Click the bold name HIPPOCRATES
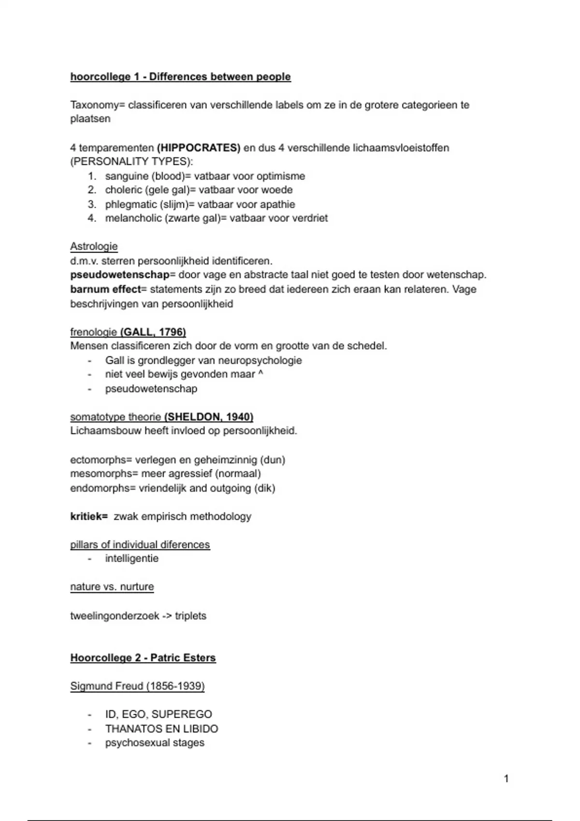coord(199,148)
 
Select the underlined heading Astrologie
coord(94,246)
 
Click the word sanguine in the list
coord(127,176)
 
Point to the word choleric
coord(123,190)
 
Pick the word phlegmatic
coord(130,204)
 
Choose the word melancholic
coord(133,218)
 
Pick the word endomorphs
coord(101,488)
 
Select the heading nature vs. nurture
coord(112,587)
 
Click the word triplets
coord(190,616)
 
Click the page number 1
coord(506,779)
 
